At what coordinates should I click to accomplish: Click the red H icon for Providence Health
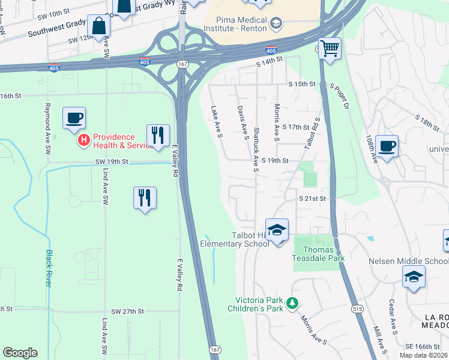tap(84, 140)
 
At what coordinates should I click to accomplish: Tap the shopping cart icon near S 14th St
tap(329, 48)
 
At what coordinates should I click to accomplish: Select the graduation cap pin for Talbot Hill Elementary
tap(277, 230)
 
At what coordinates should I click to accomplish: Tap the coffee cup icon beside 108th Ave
tap(387, 146)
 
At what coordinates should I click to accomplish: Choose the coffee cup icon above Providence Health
tap(74, 118)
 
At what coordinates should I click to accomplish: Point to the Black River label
tap(49, 268)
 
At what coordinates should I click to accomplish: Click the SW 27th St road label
tap(127, 311)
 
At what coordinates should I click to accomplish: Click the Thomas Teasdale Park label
tap(318, 254)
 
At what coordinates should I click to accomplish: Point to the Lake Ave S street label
tap(217, 122)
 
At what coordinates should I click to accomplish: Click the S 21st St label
tap(312, 198)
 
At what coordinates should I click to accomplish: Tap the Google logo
tap(20, 353)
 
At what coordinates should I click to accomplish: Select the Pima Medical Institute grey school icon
tap(276, 23)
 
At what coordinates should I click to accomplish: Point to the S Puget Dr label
tap(340, 97)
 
